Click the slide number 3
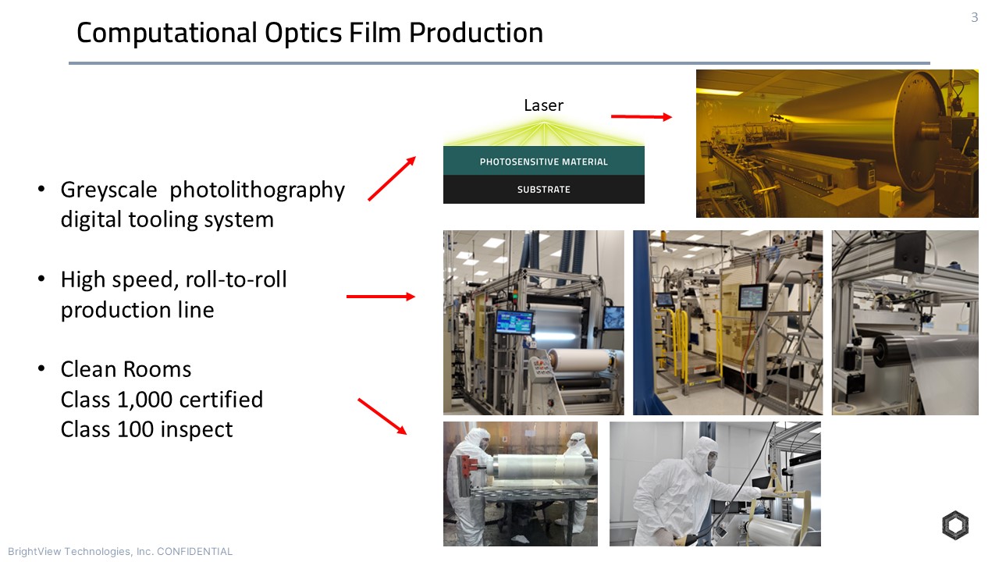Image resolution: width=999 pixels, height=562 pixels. point(974,17)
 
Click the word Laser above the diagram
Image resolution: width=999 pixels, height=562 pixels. point(543,105)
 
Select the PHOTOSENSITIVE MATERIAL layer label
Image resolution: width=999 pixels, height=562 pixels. point(543,162)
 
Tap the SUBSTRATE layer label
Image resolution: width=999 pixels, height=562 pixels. point(543,190)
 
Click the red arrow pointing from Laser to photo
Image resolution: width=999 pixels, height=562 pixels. point(641,117)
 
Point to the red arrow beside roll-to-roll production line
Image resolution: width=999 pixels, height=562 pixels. point(380,297)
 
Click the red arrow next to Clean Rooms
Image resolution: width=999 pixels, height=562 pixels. point(382,416)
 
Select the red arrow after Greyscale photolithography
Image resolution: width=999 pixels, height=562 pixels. point(392,178)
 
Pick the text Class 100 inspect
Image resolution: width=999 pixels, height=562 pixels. point(147,429)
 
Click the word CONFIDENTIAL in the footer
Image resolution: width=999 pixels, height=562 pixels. point(195,552)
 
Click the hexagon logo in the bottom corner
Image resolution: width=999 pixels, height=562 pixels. point(955,525)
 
